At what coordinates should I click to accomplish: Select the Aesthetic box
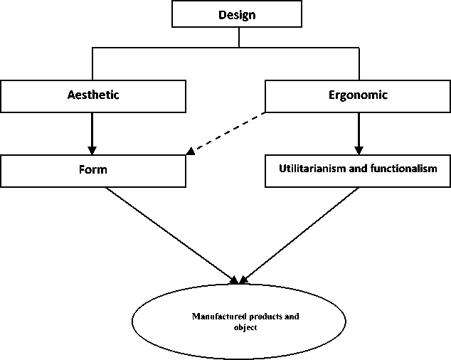94,95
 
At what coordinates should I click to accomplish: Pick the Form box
94,171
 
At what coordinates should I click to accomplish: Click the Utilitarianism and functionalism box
357,171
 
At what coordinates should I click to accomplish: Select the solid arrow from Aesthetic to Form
92,132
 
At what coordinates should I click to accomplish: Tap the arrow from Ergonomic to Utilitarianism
359,132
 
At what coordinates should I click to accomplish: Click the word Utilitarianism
317,171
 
